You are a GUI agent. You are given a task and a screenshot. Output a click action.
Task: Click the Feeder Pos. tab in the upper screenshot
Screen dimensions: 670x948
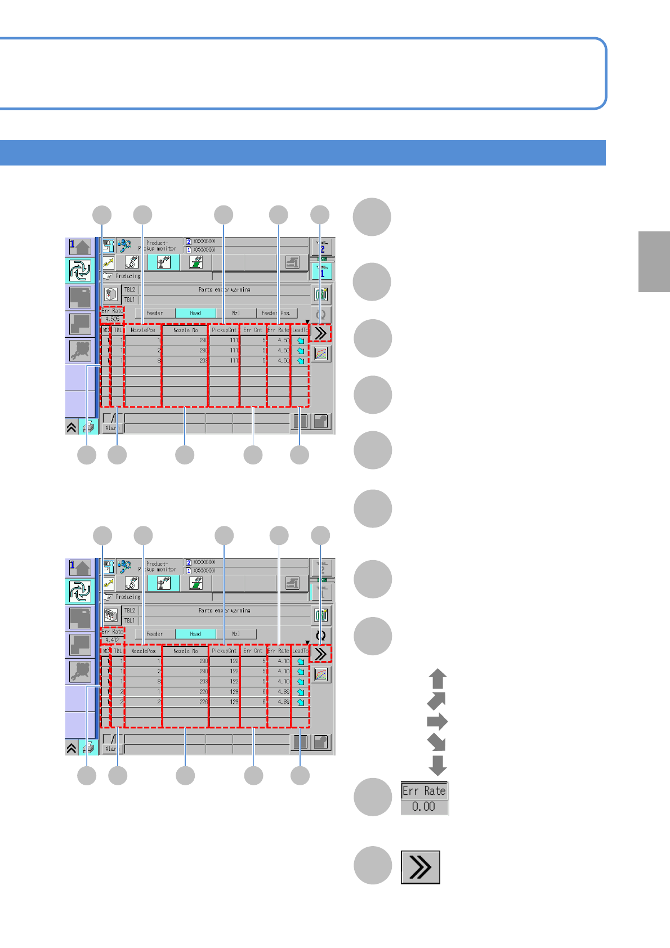[276, 313]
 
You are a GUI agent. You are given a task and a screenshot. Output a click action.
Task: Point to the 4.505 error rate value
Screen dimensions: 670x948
[113, 319]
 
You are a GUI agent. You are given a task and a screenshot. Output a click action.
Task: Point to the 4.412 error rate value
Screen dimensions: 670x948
[113, 640]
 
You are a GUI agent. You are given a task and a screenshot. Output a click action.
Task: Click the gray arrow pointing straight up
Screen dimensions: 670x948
[437, 679]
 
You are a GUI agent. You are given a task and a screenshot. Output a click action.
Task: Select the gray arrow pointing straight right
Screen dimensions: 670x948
[437, 722]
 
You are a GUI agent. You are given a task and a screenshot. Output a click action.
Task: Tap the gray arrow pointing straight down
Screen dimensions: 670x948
[437, 765]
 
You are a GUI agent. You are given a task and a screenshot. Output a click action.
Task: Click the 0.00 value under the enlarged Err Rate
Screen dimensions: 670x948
[423, 807]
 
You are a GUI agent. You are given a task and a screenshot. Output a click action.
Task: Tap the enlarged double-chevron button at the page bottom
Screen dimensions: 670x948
[420, 867]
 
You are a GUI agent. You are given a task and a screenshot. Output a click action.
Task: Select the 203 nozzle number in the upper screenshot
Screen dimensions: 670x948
[203, 360]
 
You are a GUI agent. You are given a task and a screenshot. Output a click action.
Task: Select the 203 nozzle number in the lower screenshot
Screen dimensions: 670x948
[203, 681]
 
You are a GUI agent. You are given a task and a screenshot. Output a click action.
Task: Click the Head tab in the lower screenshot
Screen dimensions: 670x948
[195, 634]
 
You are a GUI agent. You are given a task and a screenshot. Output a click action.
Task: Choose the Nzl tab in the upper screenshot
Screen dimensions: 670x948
[236, 313]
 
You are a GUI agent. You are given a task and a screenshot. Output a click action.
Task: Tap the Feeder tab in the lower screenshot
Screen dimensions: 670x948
[155, 634]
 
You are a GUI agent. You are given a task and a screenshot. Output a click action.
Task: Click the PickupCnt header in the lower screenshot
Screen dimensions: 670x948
[224, 651]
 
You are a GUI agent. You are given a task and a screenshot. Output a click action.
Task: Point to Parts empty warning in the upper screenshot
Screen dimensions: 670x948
[224, 289]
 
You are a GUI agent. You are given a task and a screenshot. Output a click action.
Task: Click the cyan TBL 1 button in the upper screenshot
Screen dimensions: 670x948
[322, 271]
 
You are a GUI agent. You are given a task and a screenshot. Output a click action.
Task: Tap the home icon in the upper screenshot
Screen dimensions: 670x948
[80, 247]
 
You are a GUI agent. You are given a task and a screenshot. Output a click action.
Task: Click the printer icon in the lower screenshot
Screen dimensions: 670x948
[88, 748]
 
